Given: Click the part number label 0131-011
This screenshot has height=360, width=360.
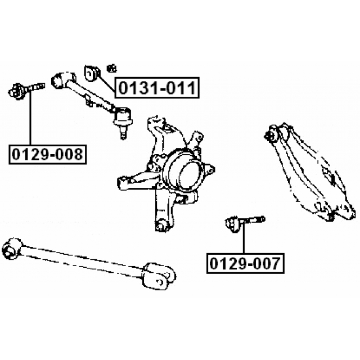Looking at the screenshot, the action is point(157,88).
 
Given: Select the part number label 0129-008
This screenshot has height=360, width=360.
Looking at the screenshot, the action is point(47,154).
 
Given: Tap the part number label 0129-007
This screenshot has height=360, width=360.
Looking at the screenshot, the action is point(245,263).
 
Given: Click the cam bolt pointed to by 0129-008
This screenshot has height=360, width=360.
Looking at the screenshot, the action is point(26,91).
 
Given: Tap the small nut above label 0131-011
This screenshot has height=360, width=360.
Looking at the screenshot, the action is point(112,68).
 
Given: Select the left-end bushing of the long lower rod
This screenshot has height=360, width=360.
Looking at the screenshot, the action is point(11,249).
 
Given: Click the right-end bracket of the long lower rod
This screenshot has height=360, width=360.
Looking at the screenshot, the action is point(159,276).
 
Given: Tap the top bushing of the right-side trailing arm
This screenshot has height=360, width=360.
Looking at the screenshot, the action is point(272,134).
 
